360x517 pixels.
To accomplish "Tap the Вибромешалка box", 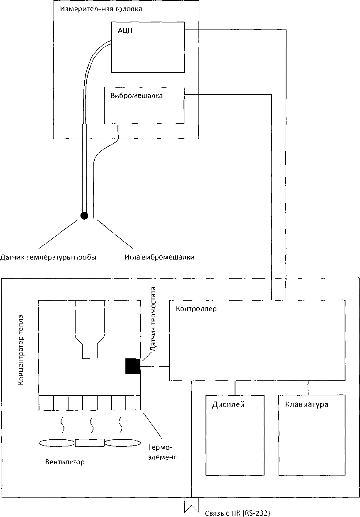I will [144, 105].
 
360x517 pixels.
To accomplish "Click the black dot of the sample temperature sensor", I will [84, 216].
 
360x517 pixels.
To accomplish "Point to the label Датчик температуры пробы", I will [49, 257].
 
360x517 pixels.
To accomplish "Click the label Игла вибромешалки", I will [159, 257].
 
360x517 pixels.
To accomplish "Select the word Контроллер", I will [196, 309].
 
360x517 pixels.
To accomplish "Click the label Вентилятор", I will [65, 462].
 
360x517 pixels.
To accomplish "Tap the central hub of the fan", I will [90, 443].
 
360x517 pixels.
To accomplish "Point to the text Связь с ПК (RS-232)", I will [238, 513].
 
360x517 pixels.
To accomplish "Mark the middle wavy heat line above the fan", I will [91, 425].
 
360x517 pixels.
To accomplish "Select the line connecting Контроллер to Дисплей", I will [235, 387].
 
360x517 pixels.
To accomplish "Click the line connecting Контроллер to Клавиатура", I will [308, 387].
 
